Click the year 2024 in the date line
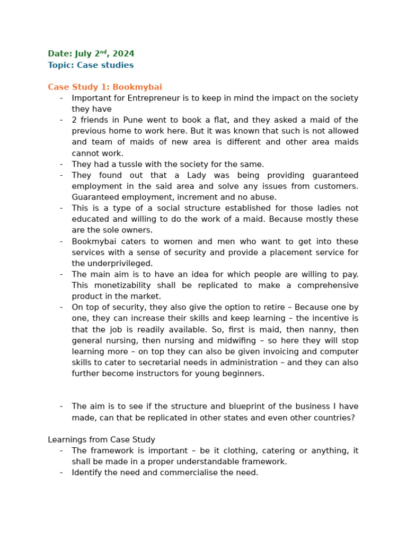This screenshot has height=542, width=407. [x=124, y=54]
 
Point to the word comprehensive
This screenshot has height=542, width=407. [x=328, y=285]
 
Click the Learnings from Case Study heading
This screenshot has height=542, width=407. [x=101, y=440]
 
